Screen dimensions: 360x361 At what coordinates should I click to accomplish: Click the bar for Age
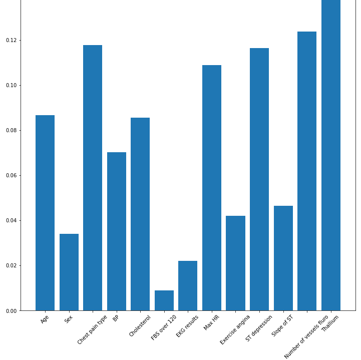coord(45,213)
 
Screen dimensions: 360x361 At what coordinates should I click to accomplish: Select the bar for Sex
coord(69,272)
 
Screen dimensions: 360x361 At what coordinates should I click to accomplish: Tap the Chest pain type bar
coord(93,178)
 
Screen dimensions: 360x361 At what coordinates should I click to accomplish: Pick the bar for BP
coord(117,231)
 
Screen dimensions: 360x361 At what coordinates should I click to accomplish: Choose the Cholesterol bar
coord(140,214)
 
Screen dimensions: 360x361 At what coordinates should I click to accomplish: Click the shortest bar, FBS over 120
coord(164,300)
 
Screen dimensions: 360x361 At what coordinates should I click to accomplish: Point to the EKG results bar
coord(188,285)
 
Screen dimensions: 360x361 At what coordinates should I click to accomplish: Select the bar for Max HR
coord(212,188)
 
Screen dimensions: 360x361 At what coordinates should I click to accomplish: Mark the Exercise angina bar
coord(235,263)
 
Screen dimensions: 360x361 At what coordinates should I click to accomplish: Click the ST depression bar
coord(259,179)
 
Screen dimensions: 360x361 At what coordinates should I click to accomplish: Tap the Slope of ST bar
coord(283,258)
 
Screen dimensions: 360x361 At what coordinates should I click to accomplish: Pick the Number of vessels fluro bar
coord(307,171)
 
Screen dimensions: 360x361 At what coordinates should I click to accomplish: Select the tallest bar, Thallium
coord(331,155)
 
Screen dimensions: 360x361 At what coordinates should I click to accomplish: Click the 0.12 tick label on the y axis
coord(11,40)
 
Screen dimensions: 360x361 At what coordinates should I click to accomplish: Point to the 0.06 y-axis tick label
coord(11,175)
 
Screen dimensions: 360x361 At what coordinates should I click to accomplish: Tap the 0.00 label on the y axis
coord(11,311)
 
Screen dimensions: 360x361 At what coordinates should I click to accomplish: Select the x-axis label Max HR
coord(212,322)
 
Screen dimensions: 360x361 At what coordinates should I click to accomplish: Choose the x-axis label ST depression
coord(259,328)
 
